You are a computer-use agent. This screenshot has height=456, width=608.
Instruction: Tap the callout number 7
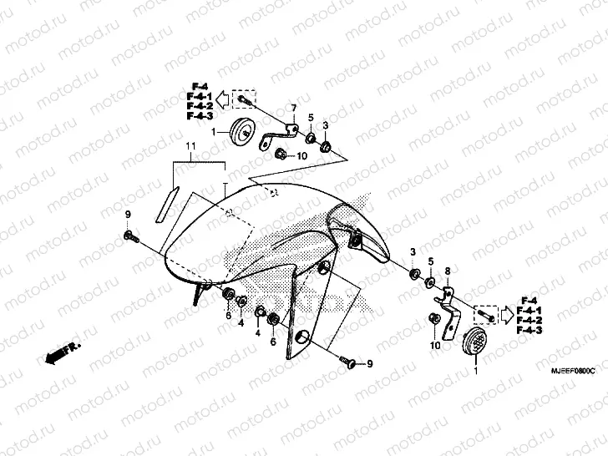point(293,109)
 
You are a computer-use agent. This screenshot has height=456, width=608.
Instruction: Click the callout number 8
point(447,271)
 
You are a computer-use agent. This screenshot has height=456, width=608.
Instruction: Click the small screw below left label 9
point(130,238)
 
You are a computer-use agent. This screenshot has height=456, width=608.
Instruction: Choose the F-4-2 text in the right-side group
point(529,321)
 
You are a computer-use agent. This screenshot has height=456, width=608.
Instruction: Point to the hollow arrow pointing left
point(222,101)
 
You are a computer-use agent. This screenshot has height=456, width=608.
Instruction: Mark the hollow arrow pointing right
point(508,315)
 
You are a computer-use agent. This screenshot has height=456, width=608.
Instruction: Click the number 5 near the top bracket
point(310,117)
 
